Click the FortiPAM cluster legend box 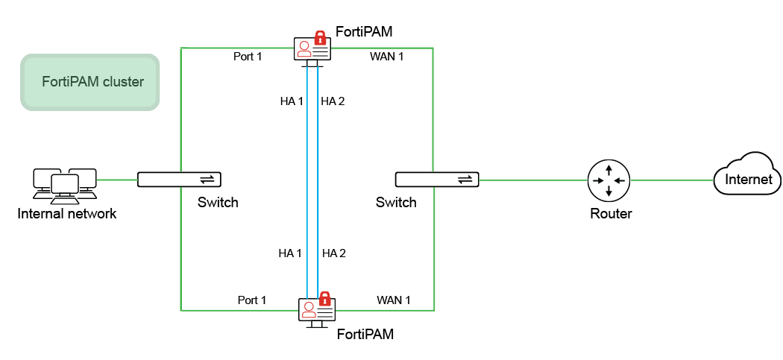pyautogui.click(x=90, y=82)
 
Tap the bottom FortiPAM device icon pyautogui.click(x=317, y=310)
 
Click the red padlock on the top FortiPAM pyautogui.click(x=320, y=37)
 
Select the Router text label pyautogui.click(x=611, y=214)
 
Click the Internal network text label pyautogui.click(x=67, y=215)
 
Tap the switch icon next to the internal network pyautogui.click(x=179, y=180)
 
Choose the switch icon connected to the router pyautogui.click(x=437, y=180)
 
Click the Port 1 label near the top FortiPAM pyautogui.click(x=248, y=57)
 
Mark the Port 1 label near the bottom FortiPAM pyautogui.click(x=252, y=300)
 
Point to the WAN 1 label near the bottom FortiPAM pyautogui.click(x=394, y=300)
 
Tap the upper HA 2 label pyautogui.click(x=333, y=101)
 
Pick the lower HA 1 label pyautogui.click(x=290, y=253)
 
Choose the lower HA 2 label pyautogui.click(x=334, y=253)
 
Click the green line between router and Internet pyautogui.click(x=672, y=180)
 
